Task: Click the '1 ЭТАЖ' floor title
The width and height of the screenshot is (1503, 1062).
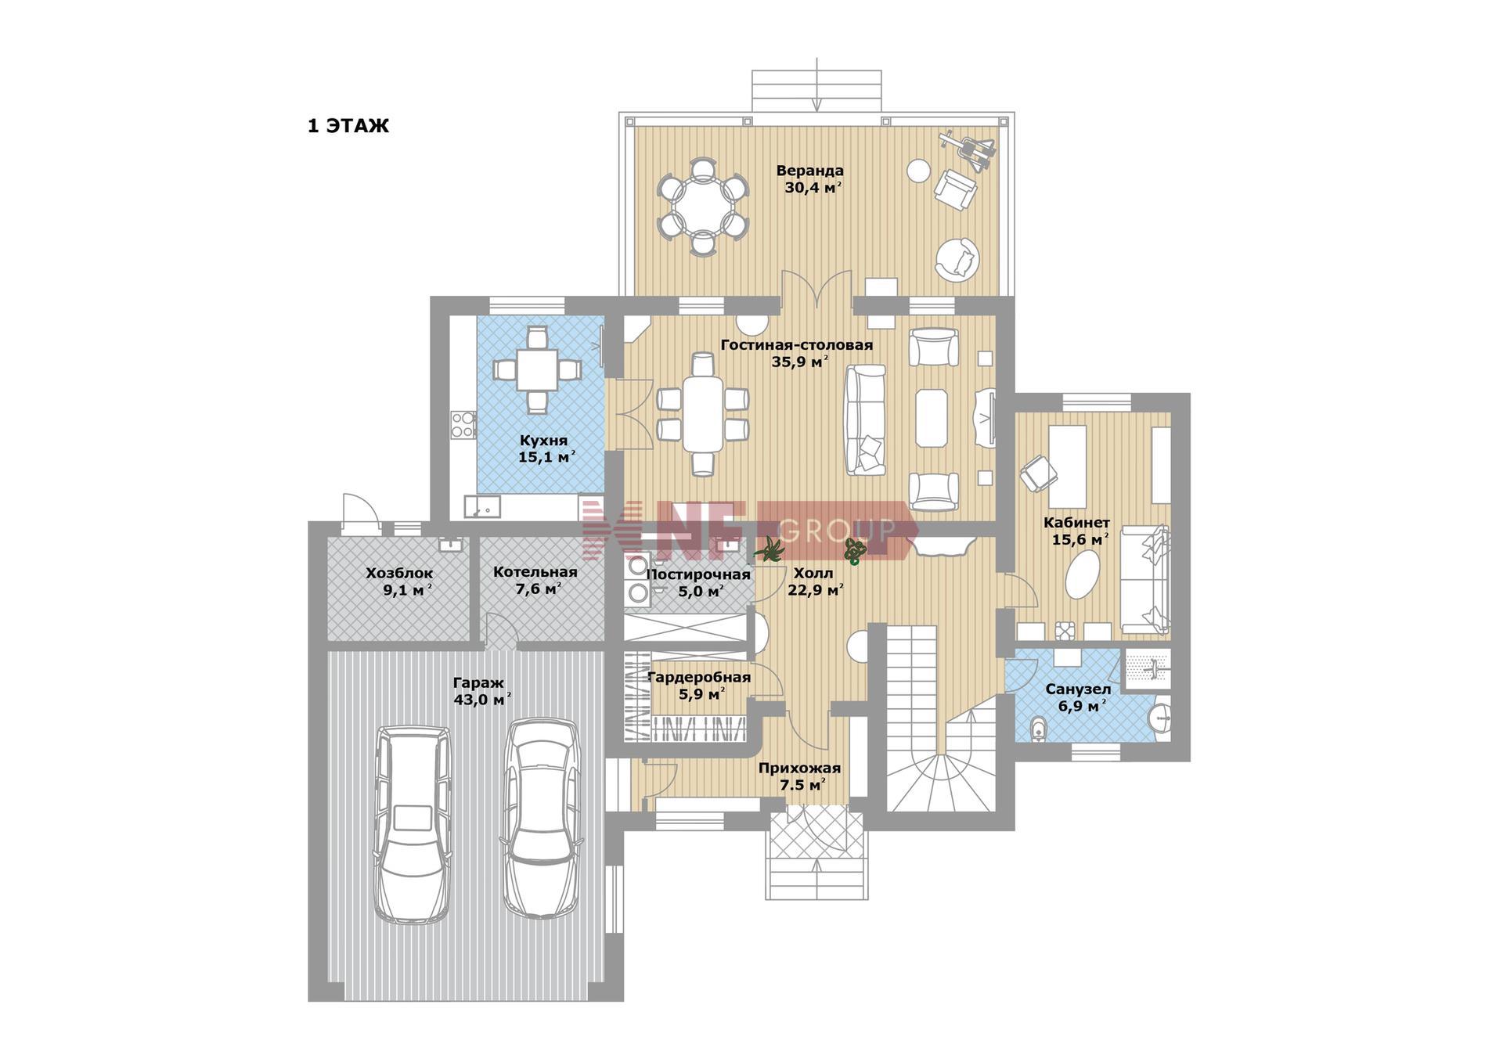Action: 348,126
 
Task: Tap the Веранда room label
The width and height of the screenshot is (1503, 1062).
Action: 810,171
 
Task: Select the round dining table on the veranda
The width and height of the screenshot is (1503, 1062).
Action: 702,207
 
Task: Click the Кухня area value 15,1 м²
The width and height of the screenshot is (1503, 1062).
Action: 547,457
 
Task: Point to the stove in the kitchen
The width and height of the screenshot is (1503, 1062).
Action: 463,424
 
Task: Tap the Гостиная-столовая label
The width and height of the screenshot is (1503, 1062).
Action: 797,345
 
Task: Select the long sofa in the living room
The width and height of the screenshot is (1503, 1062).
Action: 865,420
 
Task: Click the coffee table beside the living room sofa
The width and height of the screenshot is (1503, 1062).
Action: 932,418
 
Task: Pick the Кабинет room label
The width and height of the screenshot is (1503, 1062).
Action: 1076,523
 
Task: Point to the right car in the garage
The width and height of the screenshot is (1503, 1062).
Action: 541,819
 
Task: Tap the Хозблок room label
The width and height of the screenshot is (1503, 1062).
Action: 399,574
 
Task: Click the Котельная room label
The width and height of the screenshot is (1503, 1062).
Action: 535,572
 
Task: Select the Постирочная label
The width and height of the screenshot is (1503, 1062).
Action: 698,575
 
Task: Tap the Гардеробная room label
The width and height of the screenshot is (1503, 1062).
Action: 700,677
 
